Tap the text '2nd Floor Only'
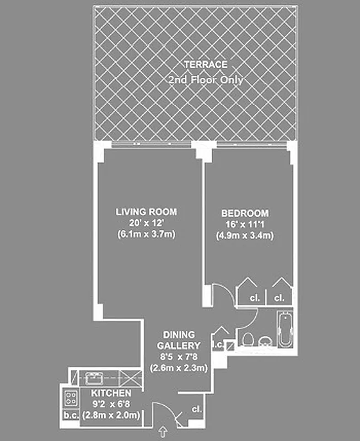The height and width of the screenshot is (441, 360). click(x=205, y=80)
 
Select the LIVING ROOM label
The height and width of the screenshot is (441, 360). click(x=146, y=212)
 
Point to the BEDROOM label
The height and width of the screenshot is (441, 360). click(x=245, y=213)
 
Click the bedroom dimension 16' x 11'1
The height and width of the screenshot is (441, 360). click(x=245, y=224)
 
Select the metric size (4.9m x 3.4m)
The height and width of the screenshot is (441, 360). click(x=245, y=235)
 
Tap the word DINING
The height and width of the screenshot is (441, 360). click(x=178, y=335)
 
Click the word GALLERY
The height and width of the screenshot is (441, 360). click(x=178, y=345)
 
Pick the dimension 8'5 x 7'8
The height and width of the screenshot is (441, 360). click(x=178, y=356)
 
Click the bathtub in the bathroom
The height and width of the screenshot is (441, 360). click(x=284, y=330)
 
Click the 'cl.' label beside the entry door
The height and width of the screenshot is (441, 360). click(x=197, y=410)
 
